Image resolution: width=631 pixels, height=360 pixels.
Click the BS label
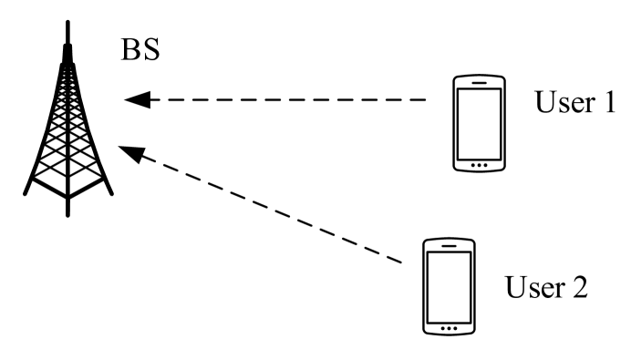(x=140, y=48)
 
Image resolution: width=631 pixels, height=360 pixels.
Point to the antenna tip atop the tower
(x=67, y=23)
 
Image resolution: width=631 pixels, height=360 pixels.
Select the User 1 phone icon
(x=480, y=124)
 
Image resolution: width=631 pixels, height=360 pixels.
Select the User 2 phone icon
(x=447, y=285)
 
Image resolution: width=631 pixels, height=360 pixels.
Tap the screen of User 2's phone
(x=447, y=283)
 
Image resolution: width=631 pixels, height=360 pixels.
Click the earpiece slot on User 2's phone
(x=447, y=246)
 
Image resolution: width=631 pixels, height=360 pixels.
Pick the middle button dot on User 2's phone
(x=447, y=325)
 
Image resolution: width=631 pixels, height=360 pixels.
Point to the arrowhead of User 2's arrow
(x=130, y=151)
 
